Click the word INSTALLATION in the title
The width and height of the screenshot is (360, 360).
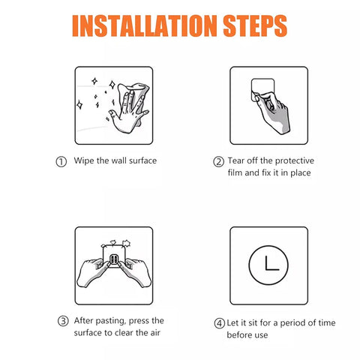point(145,26)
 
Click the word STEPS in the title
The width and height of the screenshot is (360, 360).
point(255,26)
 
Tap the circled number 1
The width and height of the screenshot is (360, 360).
point(61,162)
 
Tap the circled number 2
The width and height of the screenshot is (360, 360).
point(218,161)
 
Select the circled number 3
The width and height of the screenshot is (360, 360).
point(63,321)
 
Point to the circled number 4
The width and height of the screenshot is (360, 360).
point(219,323)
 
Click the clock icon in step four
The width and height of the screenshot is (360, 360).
point(268,265)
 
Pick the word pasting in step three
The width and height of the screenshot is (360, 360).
point(110,321)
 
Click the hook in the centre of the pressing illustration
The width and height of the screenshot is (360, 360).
point(114,260)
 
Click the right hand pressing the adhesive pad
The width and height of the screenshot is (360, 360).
point(135,272)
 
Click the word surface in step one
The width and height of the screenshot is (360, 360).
point(142,160)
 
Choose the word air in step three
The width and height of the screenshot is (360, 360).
point(155,333)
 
